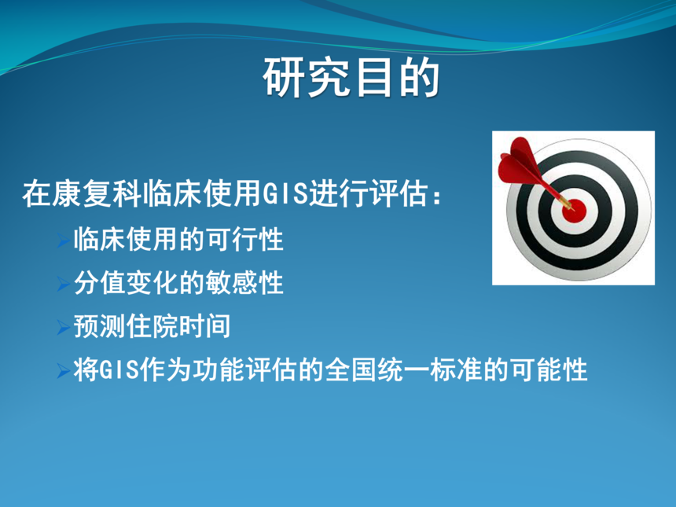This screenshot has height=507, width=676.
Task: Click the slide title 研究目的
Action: coord(351,78)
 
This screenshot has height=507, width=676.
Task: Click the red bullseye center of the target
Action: coord(575,210)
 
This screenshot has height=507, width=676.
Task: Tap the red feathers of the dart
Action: coord(519,163)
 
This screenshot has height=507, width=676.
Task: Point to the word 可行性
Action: coord(244,239)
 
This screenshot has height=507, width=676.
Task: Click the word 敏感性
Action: coord(244,283)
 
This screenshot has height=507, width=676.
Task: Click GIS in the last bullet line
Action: coord(119,370)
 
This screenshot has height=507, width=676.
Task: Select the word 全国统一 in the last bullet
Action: coord(377,370)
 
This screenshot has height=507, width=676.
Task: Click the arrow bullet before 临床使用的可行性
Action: coord(64,241)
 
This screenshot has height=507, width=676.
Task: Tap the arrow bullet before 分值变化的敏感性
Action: coord(64,284)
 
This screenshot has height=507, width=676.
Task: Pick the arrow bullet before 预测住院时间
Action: coord(64,328)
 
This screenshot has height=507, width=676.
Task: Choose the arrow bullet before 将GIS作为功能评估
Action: coord(64,371)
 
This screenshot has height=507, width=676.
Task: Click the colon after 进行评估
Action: coord(437,196)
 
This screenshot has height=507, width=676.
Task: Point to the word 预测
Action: coord(100,326)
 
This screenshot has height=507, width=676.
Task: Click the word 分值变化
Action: coord(127,283)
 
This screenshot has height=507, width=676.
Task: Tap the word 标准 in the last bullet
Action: coord(456,370)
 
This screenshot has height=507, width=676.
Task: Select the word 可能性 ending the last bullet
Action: coord(549,370)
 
